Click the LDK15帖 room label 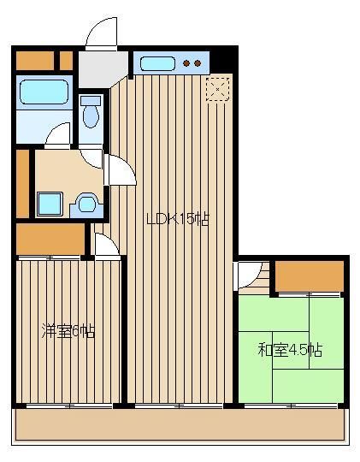(x=178, y=219)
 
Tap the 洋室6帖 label (x=68, y=331)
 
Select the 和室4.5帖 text (x=290, y=350)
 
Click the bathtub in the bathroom (x=44, y=92)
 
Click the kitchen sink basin (x=157, y=63)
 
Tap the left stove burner (x=186, y=63)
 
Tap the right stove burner (x=198, y=63)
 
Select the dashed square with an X (x=218, y=89)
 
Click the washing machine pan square (x=50, y=204)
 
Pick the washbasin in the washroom (x=86, y=204)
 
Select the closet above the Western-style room (x=50, y=239)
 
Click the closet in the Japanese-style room (x=310, y=276)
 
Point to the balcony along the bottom (x=180, y=424)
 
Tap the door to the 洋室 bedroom (x=107, y=246)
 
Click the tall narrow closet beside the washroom (x=22, y=184)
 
